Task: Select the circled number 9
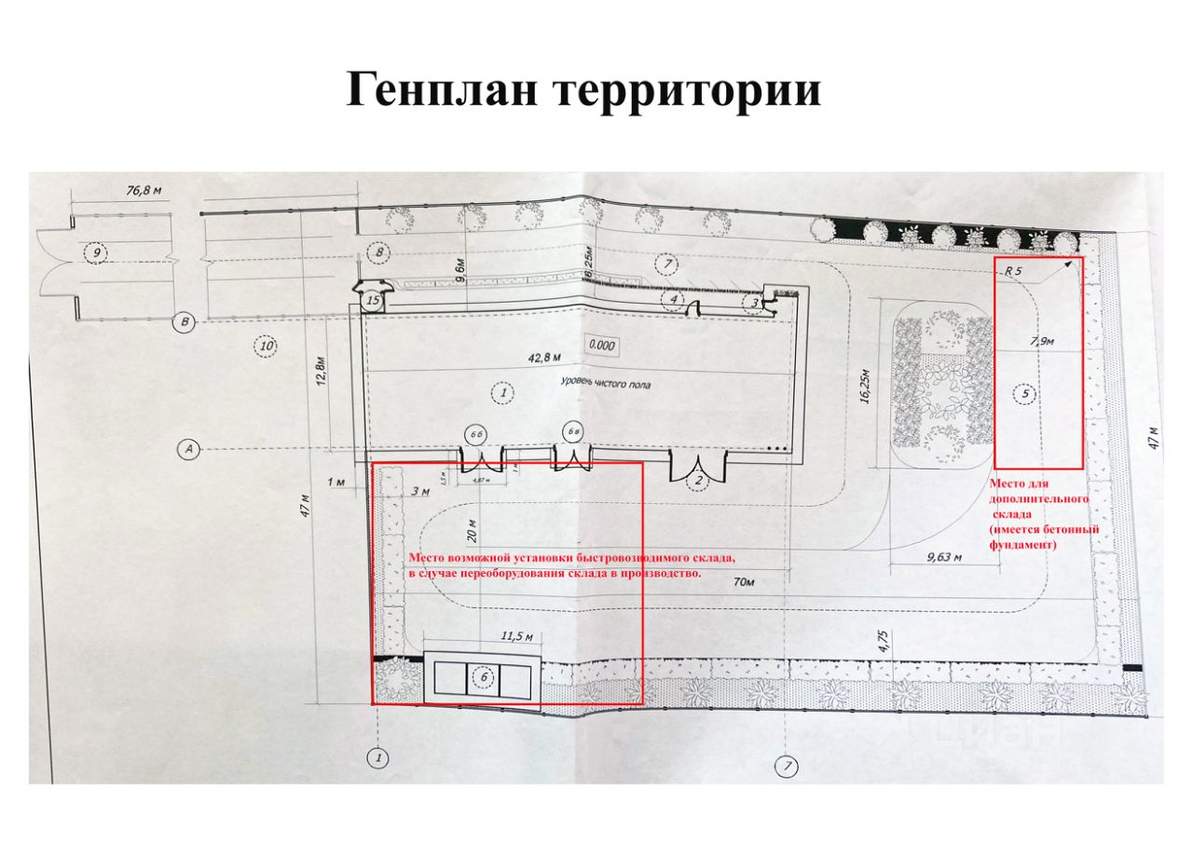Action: tap(94, 252)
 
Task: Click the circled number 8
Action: tap(378, 252)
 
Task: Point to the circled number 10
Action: tap(267, 347)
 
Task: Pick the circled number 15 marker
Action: tap(373, 300)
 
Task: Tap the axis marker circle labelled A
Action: tap(189, 450)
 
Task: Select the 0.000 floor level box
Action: tap(601, 344)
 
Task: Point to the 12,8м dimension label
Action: tap(320, 374)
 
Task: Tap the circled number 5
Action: tap(1026, 395)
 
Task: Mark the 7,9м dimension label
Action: tap(1042, 342)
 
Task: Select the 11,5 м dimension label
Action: tap(517, 637)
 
